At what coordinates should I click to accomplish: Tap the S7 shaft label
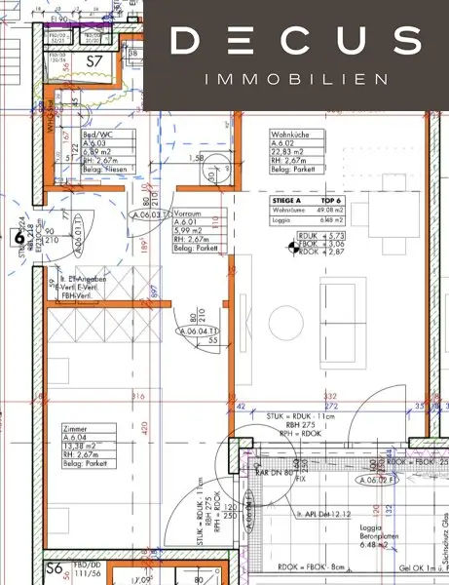(95, 60)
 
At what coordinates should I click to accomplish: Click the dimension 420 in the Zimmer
(144, 426)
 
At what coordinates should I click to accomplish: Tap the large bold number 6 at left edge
(18, 236)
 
